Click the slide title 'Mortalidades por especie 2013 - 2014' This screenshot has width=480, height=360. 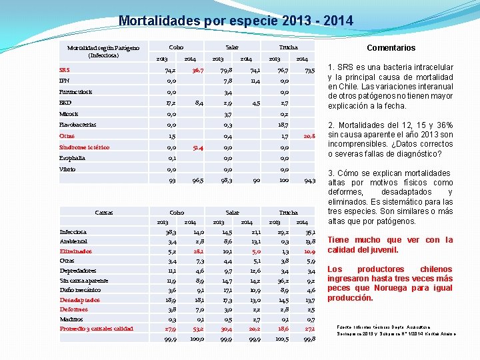pyautogui.click(x=236, y=21)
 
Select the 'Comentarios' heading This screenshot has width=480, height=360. pyautogui.click(x=391, y=47)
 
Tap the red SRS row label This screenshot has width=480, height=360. pyautogui.click(x=64, y=69)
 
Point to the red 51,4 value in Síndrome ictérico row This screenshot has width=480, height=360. pyautogui.click(x=197, y=147)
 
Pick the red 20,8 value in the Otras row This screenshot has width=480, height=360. pyautogui.click(x=309, y=136)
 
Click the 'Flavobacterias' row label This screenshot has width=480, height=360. pyautogui.click(x=77, y=125)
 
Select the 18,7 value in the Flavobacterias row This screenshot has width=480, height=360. pyautogui.click(x=283, y=125)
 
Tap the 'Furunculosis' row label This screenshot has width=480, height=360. pyautogui.click(x=75, y=91)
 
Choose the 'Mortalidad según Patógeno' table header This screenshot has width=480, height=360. pyautogui.click(x=103, y=51)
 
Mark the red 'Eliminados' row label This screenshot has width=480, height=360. pyautogui.click(x=75, y=251)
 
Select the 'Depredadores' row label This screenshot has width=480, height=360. pyautogui.click(x=78, y=271)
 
